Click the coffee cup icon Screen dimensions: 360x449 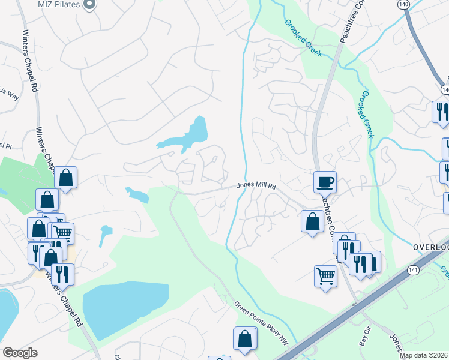click(x=325, y=181)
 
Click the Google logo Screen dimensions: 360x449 click(x=20, y=353)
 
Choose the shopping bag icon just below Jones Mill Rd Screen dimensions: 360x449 click(x=312, y=221)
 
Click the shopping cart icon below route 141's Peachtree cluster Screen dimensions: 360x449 click(x=325, y=276)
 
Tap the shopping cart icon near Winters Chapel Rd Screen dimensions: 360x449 click(x=63, y=232)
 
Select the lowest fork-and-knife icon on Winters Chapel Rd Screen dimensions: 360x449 click(x=62, y=274)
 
